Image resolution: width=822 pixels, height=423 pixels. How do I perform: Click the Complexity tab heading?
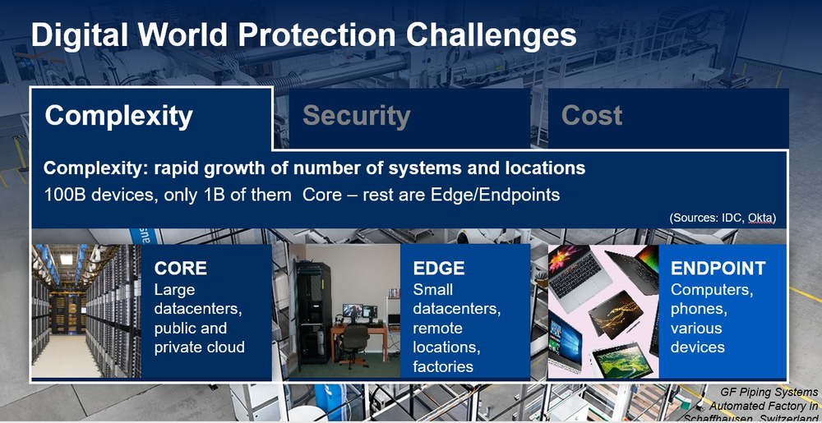point(119,117)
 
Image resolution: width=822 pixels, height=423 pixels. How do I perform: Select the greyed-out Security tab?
point(357,117)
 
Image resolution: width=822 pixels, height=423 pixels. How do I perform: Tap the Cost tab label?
point(592,116)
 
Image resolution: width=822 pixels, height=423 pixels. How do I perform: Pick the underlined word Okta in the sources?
point(762,218)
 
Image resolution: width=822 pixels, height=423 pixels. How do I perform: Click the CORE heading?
point(180,269)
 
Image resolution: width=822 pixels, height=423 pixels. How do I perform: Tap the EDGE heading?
point(439,269)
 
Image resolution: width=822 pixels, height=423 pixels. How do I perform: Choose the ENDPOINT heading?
point(718,269)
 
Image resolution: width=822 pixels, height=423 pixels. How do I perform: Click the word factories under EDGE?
point(443,366)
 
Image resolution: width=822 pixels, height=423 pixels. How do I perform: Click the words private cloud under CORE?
point(199,347)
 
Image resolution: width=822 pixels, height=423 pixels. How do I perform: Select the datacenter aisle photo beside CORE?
point(86,311)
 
